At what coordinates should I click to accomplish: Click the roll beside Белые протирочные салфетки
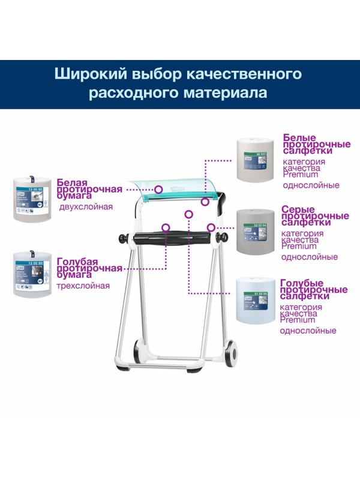[256, 159]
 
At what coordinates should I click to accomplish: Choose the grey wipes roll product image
[256, 232]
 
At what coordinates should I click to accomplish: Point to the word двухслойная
[86, 207]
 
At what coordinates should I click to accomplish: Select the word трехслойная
[83, 286]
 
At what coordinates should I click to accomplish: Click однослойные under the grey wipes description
[309, 257]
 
